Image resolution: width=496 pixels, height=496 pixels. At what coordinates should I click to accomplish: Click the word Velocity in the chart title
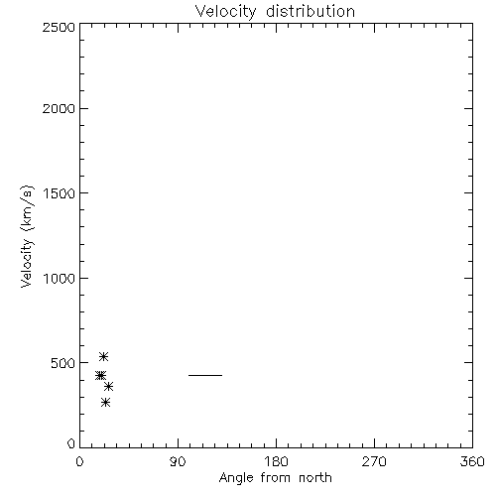[x=225, y=12]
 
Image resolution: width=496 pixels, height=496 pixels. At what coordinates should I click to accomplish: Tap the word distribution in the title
[x=310, y=11]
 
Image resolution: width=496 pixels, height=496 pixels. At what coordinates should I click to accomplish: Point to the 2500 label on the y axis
[x=59, y=27]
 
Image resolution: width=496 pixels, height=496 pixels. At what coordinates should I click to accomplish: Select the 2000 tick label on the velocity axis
[x=59, y=108]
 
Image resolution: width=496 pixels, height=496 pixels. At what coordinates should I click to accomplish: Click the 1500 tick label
[x=60, y=193]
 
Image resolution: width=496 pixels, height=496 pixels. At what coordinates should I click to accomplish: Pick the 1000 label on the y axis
[x=60, y=279]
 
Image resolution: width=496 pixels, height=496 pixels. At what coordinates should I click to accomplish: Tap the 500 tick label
[x=63, y=363]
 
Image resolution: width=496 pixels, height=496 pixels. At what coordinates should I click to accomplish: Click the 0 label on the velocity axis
[x=71, y=443]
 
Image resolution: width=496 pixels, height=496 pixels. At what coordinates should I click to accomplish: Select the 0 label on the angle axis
[x=79, y=461]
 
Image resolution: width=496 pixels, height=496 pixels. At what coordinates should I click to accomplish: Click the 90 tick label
[x=178, y=461]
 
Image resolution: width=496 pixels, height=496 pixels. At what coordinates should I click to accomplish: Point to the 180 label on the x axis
[x=276, y=461]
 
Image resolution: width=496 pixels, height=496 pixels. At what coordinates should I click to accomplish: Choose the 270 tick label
[x=374, y=461]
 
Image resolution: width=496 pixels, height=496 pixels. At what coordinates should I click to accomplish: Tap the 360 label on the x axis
[x=472, y=461]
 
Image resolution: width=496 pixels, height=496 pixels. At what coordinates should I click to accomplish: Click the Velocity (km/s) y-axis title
[x=27, y=236]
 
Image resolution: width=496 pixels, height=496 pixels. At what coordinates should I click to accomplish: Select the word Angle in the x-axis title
[x=236, y=478]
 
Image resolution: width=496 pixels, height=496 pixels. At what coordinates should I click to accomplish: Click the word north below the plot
[x=315, y=477]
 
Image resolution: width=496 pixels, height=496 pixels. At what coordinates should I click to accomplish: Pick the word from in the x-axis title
[x=277, y=477]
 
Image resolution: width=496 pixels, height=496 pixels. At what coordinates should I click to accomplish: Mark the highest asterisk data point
[x=104, y=356]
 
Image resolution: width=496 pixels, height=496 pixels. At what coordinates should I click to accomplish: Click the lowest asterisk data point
[x=105, y=402]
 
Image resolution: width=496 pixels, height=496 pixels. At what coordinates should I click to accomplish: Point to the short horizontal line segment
[x=205, y=375]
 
